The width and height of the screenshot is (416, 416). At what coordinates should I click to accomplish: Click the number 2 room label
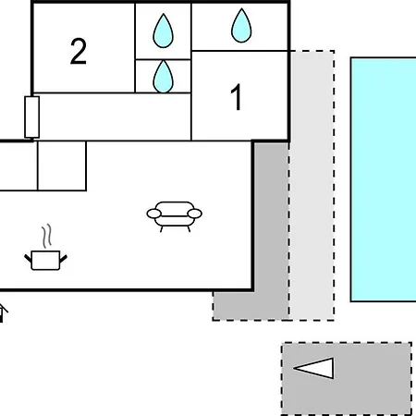tap(79, 51)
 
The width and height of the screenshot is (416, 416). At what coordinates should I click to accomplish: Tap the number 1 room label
tap(237, 97)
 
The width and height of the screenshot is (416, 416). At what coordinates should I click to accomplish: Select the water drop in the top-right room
tap(241, 25)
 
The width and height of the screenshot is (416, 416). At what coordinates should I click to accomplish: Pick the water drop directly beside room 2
tap(163, 31)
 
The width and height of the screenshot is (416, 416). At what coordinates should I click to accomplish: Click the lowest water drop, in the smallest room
tap(163, 77)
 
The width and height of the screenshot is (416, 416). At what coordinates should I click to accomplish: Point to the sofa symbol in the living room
tap(175, 216)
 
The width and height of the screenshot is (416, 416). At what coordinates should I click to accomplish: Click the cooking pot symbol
tap(45, 261)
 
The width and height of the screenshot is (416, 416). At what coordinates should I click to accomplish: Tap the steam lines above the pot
tap(47, 236)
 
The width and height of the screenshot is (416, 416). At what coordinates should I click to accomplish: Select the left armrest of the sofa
tap(154, 214)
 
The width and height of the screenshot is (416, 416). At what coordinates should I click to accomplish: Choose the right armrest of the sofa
tap(195, 214)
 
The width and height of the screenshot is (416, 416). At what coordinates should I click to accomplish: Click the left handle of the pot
tap(28, 258)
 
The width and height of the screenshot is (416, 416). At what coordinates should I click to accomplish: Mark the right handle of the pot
tap(63, 259)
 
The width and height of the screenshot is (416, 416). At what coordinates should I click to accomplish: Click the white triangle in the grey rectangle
tap(317, 368)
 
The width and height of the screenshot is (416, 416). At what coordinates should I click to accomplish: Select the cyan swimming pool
tap(384, 179)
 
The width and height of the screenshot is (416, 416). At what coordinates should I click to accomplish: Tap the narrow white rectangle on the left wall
tap(32, 117)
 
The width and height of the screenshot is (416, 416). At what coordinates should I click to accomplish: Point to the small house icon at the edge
tap(3, 312)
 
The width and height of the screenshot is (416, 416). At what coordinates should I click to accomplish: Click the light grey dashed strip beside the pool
tap(312, 186)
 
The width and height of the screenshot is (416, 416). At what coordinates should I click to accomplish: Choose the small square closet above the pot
tap(62, 165)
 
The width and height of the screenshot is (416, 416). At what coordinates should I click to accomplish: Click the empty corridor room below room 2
tap(112, 116)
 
